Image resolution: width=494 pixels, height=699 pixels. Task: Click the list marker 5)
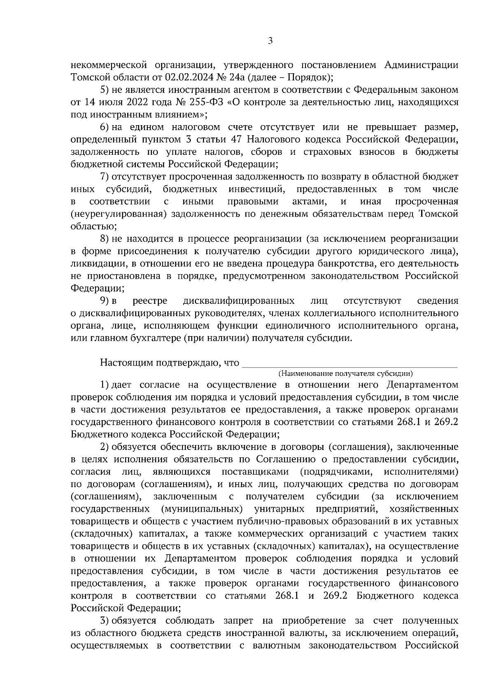pyautogui.click(x=105, y=90)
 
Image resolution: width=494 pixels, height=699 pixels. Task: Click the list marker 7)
pyautogui.click(x=105, y=177)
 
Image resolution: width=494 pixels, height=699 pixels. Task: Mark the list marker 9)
pyautogui.click(x=105, y=301)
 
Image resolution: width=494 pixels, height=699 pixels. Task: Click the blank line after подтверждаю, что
pyautogui.click(x=350, y=364)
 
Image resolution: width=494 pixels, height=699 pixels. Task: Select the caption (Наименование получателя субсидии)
pyautogui.click(x=345, y=373)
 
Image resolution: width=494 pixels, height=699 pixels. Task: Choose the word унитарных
pyautogui.click(x=280, y=509)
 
